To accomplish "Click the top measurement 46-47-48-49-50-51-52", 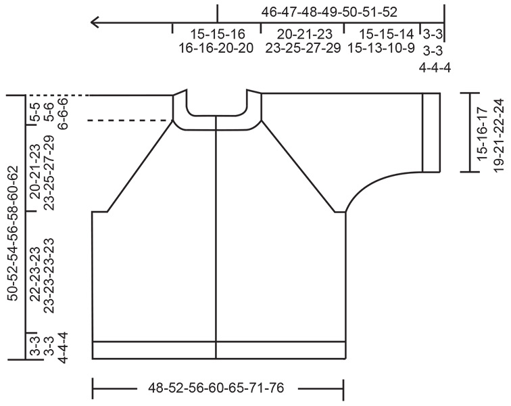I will pos(329,12).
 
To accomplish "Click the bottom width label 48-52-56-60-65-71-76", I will pos(216,388).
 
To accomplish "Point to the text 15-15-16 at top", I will pos(217,34).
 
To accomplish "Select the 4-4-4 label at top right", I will pos(432,67).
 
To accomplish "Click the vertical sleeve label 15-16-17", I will pos(482,132).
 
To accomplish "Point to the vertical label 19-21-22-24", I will pos(499,132).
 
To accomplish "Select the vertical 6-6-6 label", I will pos(63,109).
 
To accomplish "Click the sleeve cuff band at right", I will pos(431,132).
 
